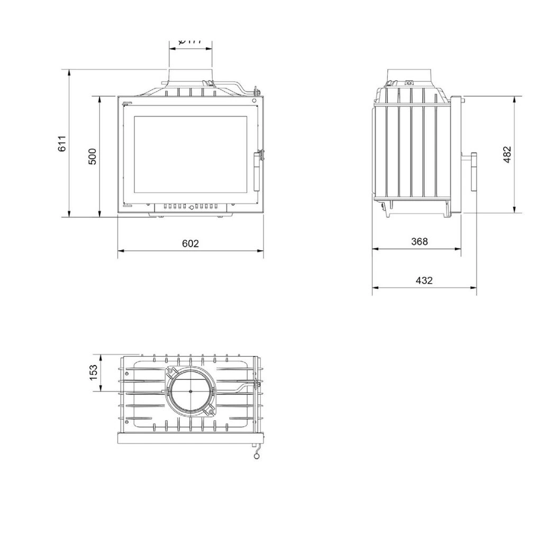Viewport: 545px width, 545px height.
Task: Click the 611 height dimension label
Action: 62,144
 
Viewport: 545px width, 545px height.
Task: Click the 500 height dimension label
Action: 93,157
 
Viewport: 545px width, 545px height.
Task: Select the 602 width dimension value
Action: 190,243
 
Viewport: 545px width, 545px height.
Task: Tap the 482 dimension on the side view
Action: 507,155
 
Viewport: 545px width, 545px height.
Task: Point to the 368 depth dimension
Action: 419,242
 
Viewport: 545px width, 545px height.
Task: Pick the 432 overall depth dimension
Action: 424,280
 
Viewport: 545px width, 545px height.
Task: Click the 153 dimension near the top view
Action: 94,373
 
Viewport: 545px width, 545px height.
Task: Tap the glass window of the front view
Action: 190,155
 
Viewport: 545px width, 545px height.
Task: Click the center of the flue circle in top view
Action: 191,391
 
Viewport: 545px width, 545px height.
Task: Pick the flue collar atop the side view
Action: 410,75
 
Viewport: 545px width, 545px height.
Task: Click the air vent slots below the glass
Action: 191,207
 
